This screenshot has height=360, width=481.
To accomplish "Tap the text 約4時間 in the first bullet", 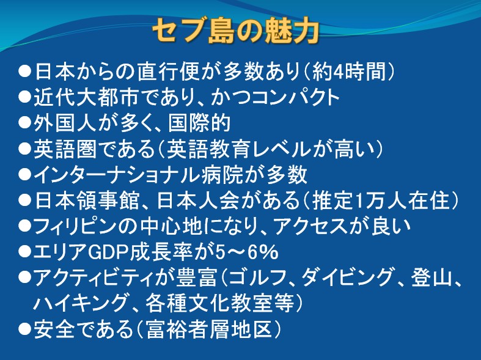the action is pyautogui.click(x=348, y=72).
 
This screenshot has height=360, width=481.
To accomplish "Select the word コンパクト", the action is pyautogui.click(x=296, y=98).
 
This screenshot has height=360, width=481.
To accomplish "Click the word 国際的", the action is pyautogui.click(x=199, y=123).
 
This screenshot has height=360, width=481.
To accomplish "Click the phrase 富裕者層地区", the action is pyautogui.click(x=210, y=329).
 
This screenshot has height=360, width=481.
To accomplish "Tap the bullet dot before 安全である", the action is pyautogui.click(x=25, y=329).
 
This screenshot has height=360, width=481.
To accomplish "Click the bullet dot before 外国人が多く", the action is pyautogui.click(x=25, y=123).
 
